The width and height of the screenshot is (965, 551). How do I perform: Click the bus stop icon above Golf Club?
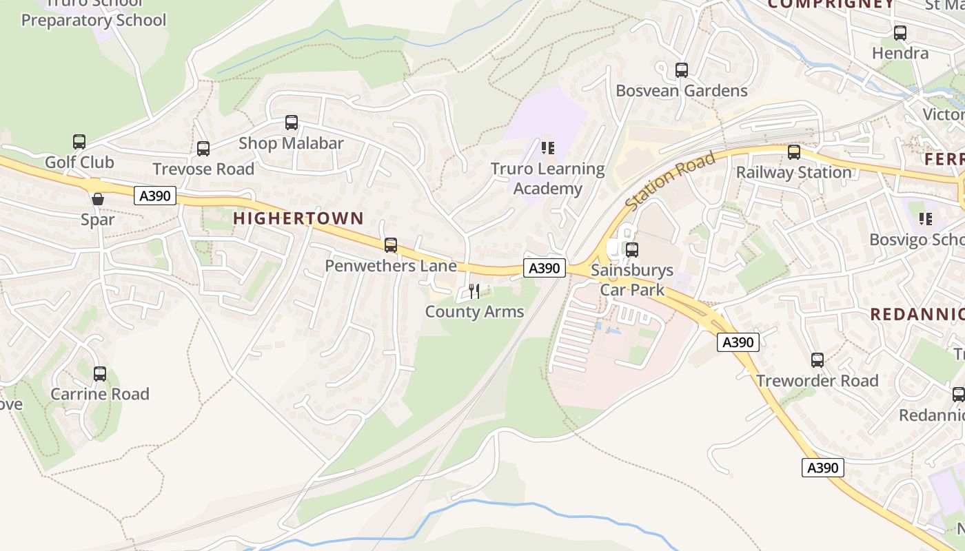point(79,142)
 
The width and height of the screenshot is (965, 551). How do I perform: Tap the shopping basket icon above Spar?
point(98,199)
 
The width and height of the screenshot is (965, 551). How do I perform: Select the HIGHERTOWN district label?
point(298,218)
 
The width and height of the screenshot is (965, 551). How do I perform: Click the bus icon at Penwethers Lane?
point(391,245)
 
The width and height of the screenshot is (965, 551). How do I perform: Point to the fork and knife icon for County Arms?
point(474,291)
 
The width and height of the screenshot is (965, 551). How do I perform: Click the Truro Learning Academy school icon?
point(548,148)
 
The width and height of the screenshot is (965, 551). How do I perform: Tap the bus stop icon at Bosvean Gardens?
point(682,70)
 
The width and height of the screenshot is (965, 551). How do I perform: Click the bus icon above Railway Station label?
point(794,152)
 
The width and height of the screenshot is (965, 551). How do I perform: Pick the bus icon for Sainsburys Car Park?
point(632,250)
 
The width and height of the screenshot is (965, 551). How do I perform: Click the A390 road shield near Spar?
point(154,196)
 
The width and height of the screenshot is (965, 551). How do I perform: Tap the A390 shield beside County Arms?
point(545,268)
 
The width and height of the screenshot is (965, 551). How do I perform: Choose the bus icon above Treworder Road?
point(817,360)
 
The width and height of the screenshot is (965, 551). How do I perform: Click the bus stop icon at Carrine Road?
point(100,374)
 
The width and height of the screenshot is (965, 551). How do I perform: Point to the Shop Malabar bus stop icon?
point(292,123)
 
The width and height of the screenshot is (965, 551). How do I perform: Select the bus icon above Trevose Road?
point(203,149)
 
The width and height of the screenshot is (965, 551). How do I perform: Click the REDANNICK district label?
point(917,315)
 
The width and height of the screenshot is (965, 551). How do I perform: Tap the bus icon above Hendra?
point(900,33)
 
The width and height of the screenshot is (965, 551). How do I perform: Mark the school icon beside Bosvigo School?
point(926,219)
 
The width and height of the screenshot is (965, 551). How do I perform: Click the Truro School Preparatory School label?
point(94,14)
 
